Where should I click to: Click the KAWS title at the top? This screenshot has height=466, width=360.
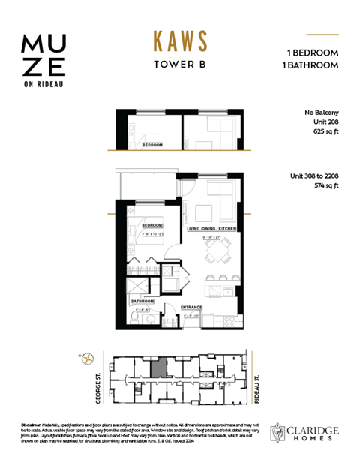point(180,41)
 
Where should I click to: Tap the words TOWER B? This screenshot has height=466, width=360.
point(180,64)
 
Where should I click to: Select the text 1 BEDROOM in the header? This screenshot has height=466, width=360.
point(313,53)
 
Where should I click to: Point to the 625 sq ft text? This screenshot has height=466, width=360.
point(324,131)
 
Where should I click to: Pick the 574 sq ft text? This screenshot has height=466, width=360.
point(324,185)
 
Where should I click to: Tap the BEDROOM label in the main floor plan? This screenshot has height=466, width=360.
point(153,224)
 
